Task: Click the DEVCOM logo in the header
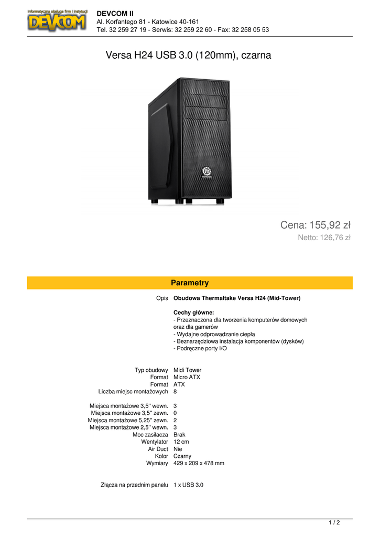[x=57, y=21]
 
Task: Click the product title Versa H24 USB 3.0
[x=189, y=55]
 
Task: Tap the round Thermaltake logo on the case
[x=207, y=170]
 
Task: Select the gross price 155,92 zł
[x=315, y=225]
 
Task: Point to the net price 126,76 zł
[x=324, y=238]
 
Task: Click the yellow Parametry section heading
[x=190, y=283]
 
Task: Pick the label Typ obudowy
[x=151, y=370]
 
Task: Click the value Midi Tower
[x=187, y=370]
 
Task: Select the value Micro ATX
[x=187, y=377]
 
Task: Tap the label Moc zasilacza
[x=150, y=435]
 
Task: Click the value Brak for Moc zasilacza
[x=179, y=435]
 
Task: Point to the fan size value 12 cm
[x=181, y=442]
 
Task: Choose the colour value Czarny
[x=182, y=456]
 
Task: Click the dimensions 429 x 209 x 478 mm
[x=199, y=464]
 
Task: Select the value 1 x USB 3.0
[x=188, y=485]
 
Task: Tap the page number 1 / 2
[x=334, y=522]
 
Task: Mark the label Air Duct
[x=158, y=449]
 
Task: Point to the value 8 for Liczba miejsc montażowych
[x=175, y=391]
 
